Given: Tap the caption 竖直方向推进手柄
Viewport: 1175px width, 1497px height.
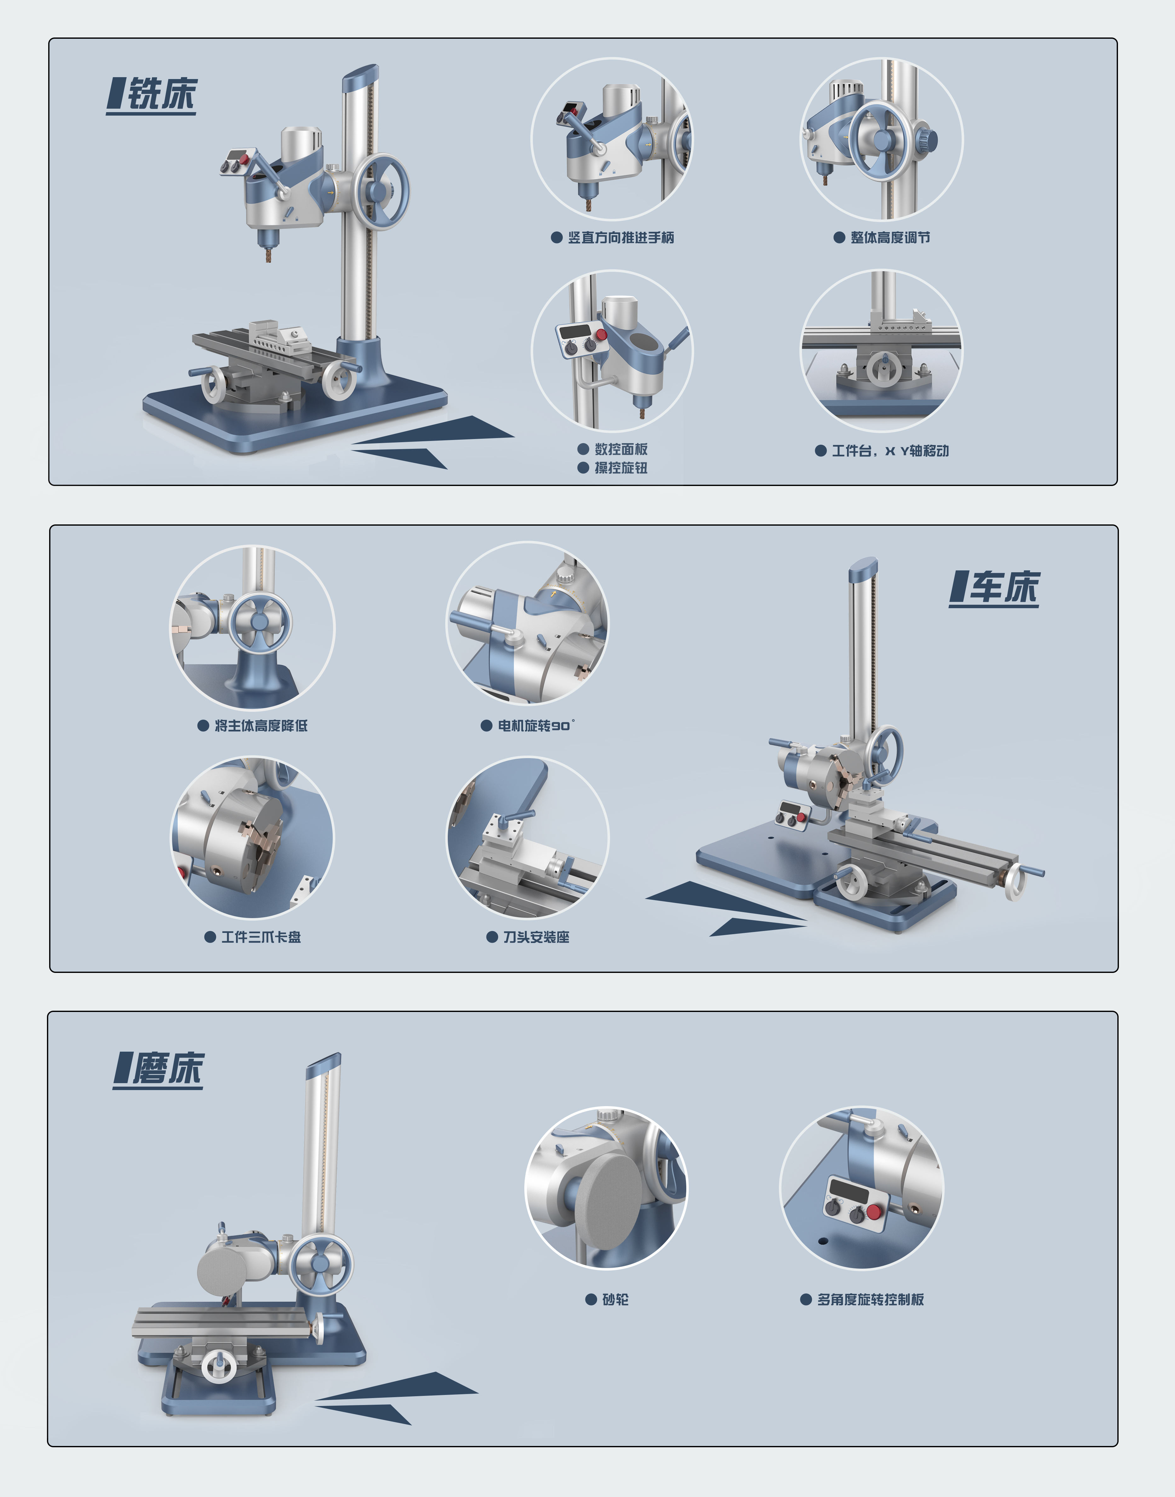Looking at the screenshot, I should point(620,238).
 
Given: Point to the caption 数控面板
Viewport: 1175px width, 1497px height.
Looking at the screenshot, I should point(620,449).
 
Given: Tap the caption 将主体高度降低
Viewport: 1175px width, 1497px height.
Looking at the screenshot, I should point(261,725).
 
